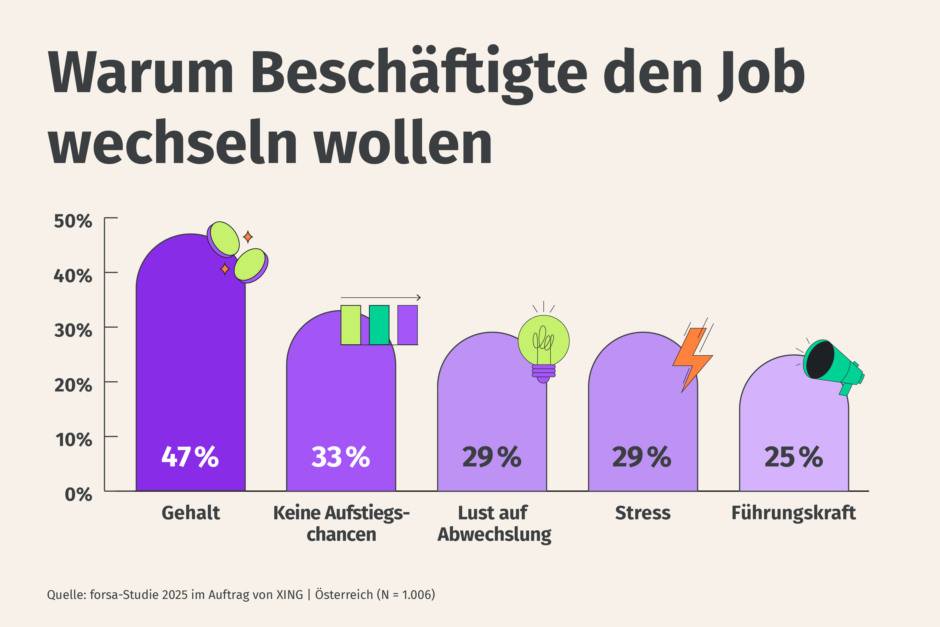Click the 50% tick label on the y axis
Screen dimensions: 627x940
73,221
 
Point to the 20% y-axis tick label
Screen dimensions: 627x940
73,385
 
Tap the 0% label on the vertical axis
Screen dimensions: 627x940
78,495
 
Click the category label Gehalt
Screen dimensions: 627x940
191,513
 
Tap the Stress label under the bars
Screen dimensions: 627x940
643,513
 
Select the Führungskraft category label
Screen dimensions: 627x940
794,513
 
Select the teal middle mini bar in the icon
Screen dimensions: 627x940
379,325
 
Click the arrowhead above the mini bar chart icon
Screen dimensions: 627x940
419,297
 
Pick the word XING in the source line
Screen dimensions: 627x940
290,595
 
